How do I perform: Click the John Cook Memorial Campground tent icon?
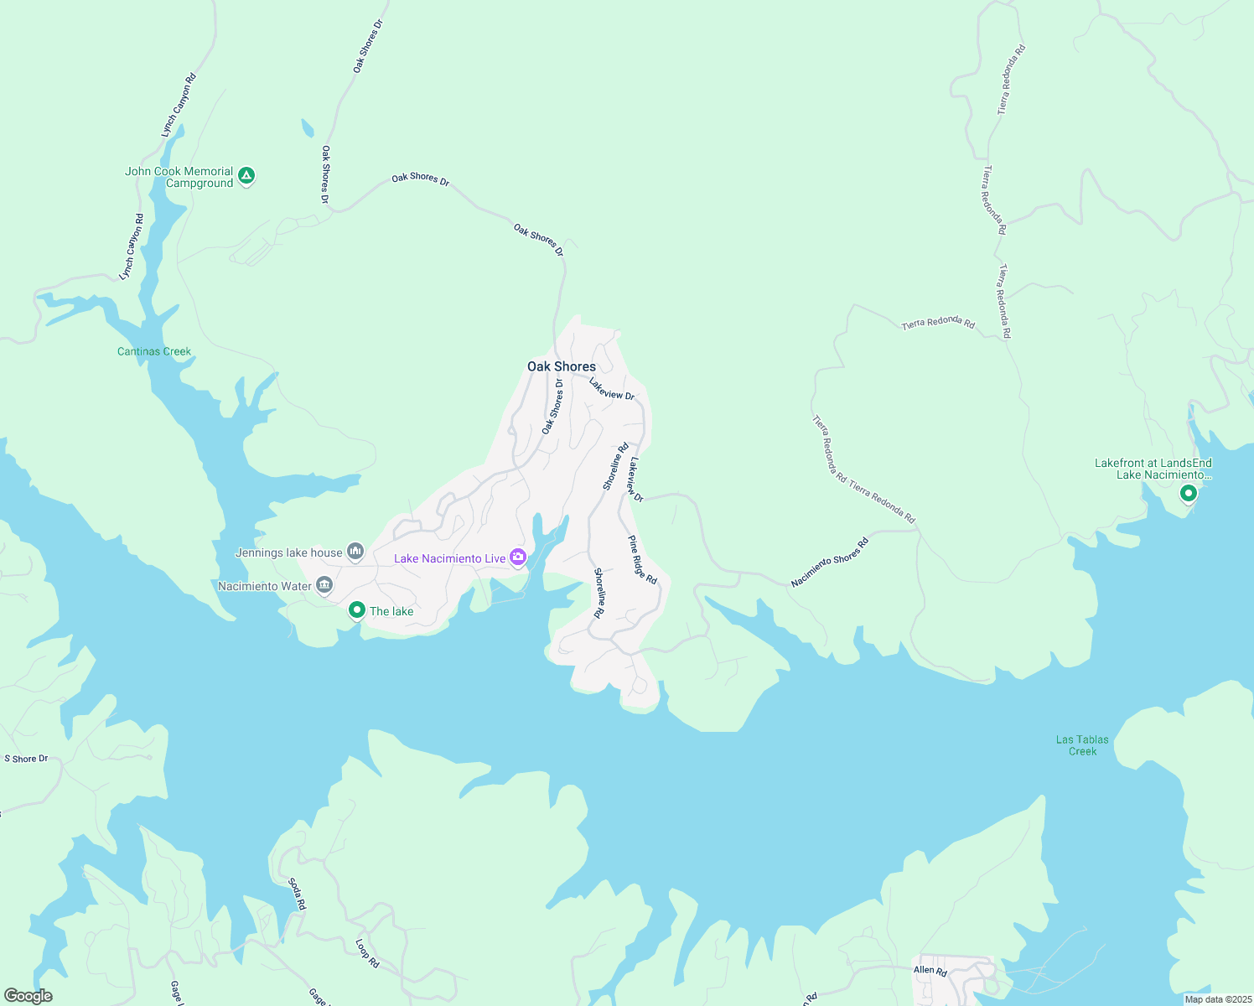click(x=246, y=176)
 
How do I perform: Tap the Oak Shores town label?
click(x=562, y=366)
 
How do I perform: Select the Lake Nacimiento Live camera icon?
click(x=518, y=557)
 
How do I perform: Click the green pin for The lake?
click(x=356, y=610)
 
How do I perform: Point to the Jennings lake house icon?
click(x=355, y=552)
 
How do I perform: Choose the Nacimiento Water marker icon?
click(x=324, y=585)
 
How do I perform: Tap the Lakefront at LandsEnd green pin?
click(x=1188, y=494)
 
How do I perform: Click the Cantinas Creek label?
click(x=154, y=351)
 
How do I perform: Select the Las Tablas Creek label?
click(x=1082, y=745)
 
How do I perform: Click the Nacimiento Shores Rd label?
click(x=830, y=563)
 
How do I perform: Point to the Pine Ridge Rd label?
click(x=643, y=559)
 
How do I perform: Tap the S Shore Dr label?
click(x=26, y=759)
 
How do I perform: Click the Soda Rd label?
click(x=297, y=895)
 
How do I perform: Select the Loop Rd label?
click(x=367, y=953)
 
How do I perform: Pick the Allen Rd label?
click(x=930, y=970)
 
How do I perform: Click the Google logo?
click(x=28, y=996)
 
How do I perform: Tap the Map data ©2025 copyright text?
click(x=1217, y=999)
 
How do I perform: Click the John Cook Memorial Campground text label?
click(x=179, y=177)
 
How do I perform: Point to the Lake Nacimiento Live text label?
click(x=450, y=558)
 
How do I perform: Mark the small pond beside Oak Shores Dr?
click(x=308, y=128)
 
